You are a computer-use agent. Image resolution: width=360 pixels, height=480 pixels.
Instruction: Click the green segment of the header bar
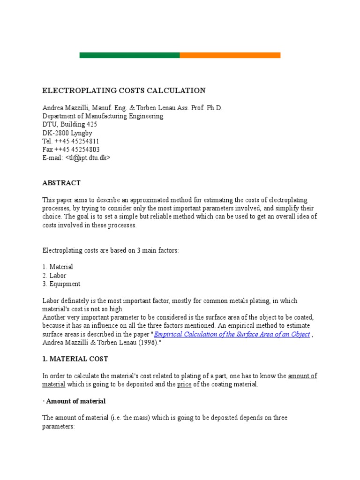pos(129,55)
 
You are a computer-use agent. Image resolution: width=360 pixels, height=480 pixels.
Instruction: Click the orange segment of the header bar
pos(230,55)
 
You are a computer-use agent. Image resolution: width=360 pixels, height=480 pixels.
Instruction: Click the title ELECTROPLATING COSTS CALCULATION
pos(124,90)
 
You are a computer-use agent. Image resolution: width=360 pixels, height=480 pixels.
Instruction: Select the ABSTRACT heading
pos(61,183)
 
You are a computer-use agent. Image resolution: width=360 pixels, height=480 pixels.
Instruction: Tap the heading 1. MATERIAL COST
pos(75,359)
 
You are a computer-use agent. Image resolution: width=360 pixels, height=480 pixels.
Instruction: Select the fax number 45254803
pos(83,150)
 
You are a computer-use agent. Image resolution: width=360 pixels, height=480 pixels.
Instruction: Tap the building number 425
pos(92,124)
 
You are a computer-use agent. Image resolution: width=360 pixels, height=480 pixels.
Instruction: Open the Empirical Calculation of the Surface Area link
pos(232,334)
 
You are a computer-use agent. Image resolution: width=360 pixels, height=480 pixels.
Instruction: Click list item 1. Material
pos(58,267)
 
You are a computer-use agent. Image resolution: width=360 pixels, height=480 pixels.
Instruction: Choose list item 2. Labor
pos(54,275)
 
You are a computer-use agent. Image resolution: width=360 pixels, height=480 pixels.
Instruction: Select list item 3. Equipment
pos(61,284)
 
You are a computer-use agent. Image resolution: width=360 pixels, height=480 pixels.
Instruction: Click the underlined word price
pos(184,384)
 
